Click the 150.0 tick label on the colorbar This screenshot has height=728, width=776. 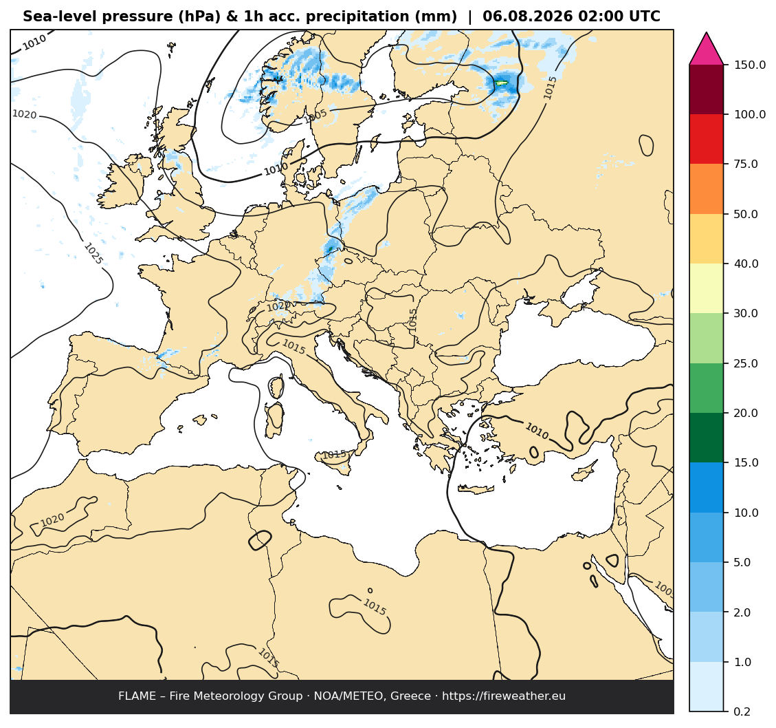[x=749, y=65]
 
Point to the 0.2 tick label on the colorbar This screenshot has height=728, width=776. [x=742, y=712]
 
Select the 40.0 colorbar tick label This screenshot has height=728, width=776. [x=746, y=264]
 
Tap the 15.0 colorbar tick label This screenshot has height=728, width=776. [x=746, y=463]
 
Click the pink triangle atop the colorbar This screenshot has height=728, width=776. [x=706, y=50]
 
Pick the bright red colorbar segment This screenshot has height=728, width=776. [x=706, y=139]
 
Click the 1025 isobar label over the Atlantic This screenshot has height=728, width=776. [x=93, y=253]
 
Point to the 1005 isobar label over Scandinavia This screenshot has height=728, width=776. [x=315, y=116]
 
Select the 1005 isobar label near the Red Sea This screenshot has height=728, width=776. [x=664, y=589]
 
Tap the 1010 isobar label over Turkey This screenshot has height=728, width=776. [x=537, y=431]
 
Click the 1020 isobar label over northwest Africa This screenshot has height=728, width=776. [x=52, y=520]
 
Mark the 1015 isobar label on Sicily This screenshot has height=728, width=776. [x=335, y=454]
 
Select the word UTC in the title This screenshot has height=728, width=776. [x=644, y=17]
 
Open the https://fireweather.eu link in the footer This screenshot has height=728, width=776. [x=504, y=696]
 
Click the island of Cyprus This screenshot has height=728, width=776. [x=584, y=470]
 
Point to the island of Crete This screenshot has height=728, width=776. [x=476, y=489]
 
